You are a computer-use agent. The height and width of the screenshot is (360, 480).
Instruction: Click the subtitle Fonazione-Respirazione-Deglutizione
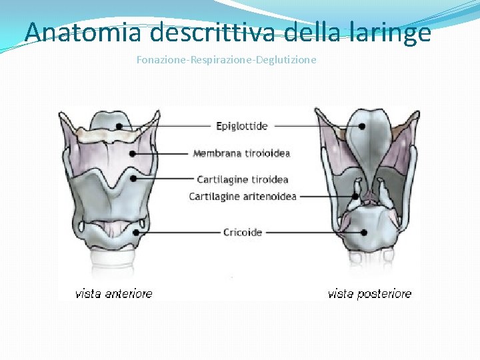coord(227,60)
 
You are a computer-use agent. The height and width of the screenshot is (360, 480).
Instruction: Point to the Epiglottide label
coord(242,125)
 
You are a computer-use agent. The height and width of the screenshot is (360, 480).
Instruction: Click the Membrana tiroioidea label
coord(241,153)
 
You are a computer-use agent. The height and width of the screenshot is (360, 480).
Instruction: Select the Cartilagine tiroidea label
coord(243,179)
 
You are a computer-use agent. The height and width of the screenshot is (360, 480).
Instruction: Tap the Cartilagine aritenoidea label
coord(243,197)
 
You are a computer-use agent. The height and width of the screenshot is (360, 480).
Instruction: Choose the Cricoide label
coord(243,232)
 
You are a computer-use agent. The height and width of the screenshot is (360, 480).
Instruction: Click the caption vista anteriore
coord(113,293)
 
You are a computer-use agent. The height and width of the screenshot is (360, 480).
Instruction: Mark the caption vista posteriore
coord(369,293)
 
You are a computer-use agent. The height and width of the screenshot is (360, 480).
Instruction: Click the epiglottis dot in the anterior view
coord(119,125)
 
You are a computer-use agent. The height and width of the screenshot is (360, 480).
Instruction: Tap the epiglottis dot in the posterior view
coord(361,125)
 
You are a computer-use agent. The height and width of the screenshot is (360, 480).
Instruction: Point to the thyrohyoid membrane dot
coord(133,153)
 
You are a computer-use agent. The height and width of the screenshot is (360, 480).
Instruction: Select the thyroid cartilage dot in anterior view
coord(133,179)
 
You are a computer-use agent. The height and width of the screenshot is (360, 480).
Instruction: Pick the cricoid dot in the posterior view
coord(365,232)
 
